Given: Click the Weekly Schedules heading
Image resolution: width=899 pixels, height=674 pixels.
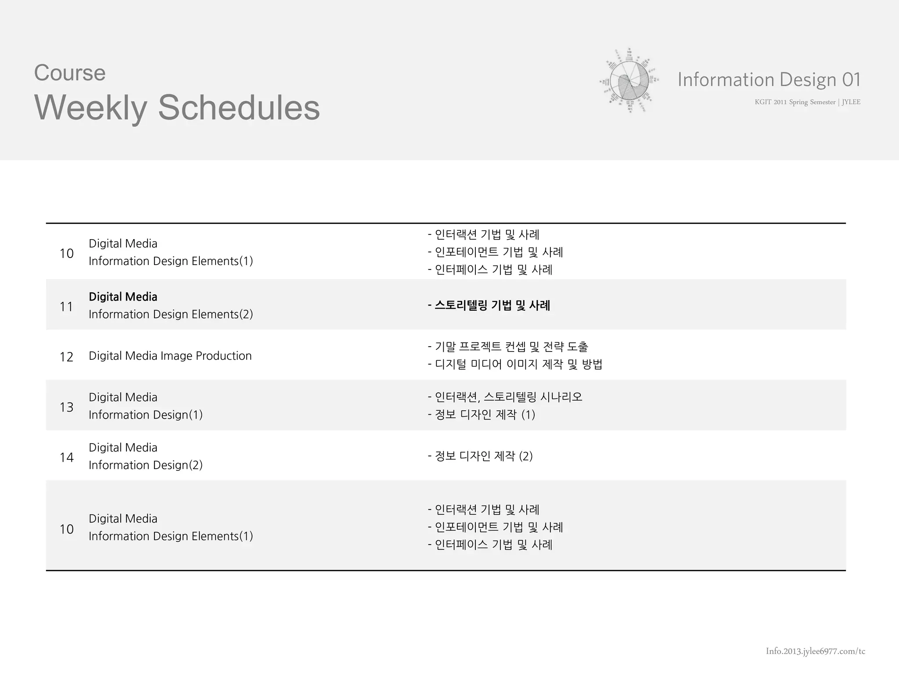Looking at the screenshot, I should [177, 108].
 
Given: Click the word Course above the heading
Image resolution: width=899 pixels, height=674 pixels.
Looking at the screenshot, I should [70, 73].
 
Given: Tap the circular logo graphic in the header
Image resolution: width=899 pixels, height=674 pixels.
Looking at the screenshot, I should [629, 80].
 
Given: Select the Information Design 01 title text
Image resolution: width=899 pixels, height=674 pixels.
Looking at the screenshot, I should [769, 79].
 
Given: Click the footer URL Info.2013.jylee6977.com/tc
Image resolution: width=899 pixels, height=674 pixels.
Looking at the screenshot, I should [815, 651].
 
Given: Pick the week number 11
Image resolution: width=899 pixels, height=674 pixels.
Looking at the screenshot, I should [66, 306].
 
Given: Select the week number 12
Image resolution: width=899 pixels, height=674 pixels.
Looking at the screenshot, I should [66, 357].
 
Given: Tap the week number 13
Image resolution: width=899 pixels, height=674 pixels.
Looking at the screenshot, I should [66, 407].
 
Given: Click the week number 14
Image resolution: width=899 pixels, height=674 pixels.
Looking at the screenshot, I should [66, 458].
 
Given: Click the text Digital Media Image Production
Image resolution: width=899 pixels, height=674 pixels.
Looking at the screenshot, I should [170, 356].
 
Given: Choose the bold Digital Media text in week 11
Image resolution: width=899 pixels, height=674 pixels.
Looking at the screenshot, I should [123, 297].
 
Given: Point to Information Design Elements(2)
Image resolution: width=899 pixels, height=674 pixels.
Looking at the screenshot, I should [171, 315].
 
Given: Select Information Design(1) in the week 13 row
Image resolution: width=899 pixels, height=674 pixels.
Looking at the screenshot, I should [146, 415].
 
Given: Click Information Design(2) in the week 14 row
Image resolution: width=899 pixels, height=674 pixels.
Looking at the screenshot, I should [146, 465].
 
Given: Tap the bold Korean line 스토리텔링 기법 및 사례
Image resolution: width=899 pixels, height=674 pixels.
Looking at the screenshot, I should [489, 305].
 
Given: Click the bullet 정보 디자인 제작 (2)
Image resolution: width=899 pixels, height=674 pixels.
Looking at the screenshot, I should [480, 456].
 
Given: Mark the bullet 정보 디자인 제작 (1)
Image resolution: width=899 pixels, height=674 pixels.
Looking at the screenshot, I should [482, 415].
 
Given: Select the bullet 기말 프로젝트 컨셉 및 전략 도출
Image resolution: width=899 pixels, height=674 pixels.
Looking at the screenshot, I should [508, 347].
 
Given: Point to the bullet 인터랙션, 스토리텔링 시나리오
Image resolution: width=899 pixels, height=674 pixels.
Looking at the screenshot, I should [505, 397].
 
